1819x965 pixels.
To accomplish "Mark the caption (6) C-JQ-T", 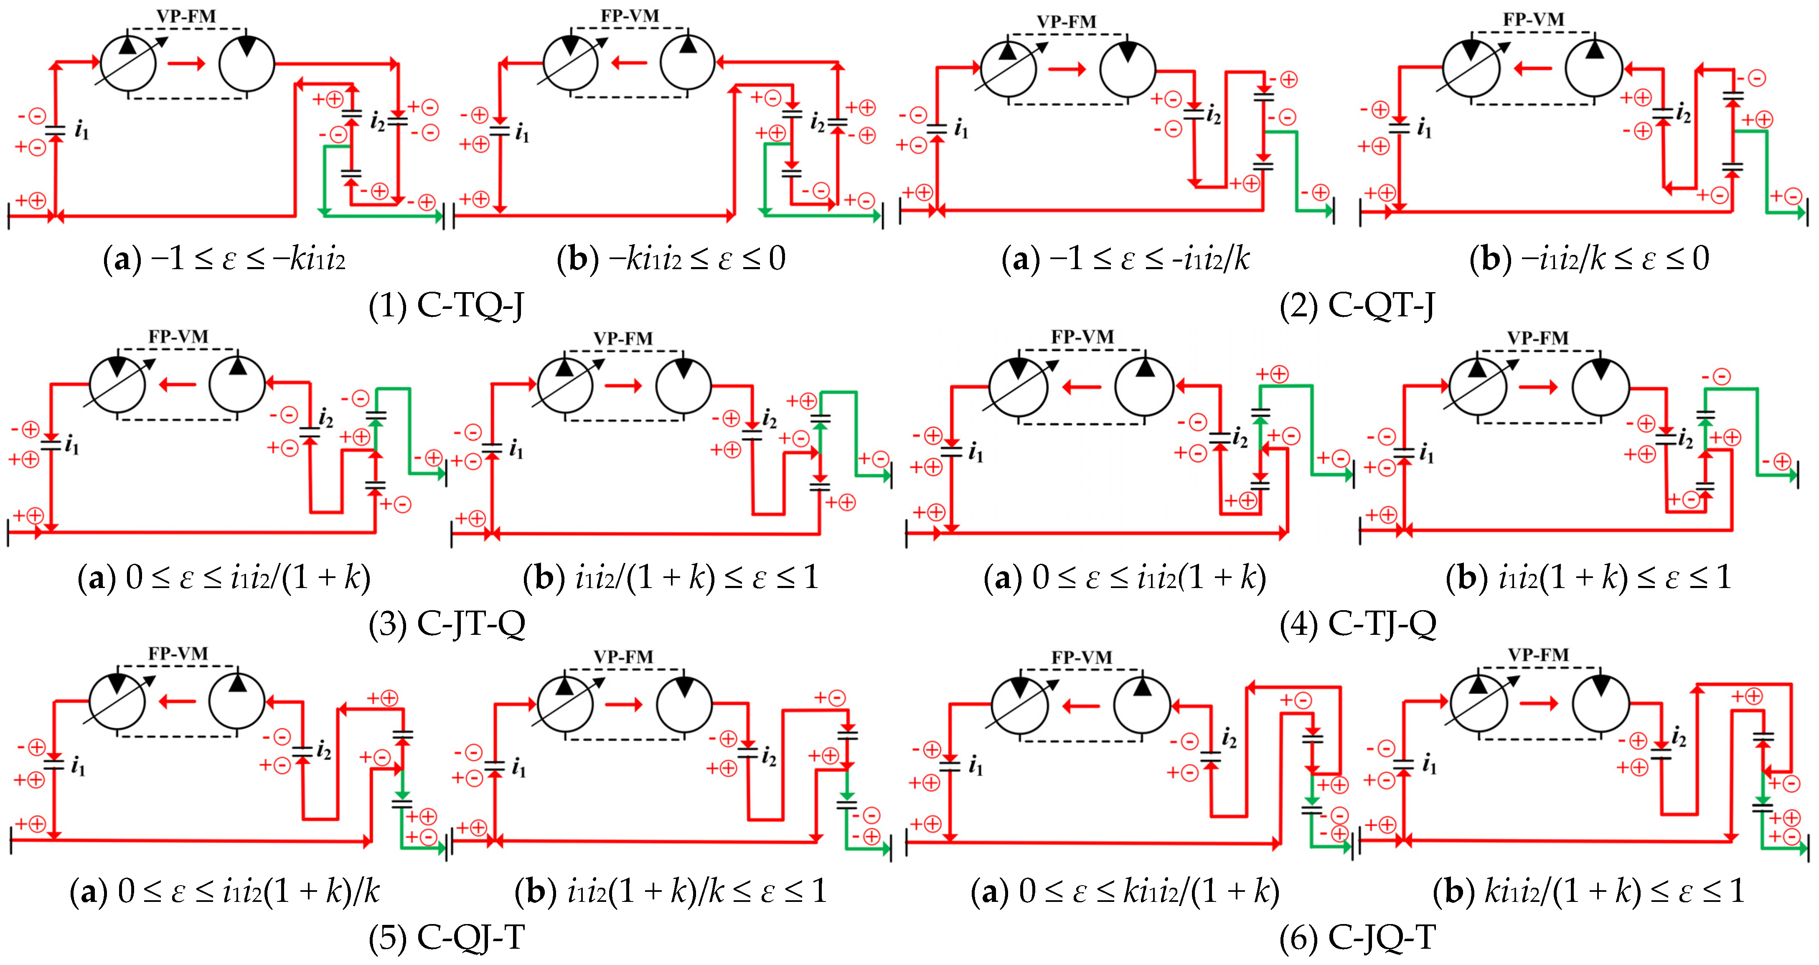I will pyautogui.click(x=1357, y=938).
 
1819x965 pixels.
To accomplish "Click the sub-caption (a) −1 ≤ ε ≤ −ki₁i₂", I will pyautogui.click(x=224, y=259).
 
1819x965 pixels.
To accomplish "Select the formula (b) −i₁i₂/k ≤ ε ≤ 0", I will pyautogui.click(x=1589, y=259).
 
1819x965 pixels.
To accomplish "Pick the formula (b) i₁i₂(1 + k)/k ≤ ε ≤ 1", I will pyautogui.click(x=671, y=891).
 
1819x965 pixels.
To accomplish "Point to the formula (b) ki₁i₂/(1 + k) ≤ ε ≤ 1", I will pyautogui.click(x=1589, y=891).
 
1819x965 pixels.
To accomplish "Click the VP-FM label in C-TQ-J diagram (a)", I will pyautogui.click(x=186, y=15).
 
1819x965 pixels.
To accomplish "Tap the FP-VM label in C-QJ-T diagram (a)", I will pyautogui.click(x=178, y=654).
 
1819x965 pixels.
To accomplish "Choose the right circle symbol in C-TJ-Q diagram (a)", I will pyautogui.click(x=1144, y=387).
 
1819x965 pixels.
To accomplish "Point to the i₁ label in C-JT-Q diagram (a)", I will pyautogui.click(x=72, y=445).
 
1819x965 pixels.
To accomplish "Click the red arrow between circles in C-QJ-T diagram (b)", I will pyautogui.click(x=623, y=704).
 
